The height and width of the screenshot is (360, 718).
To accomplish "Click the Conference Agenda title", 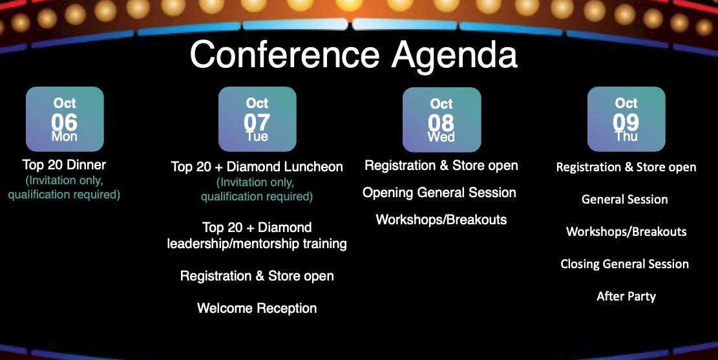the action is (x=354, y=56).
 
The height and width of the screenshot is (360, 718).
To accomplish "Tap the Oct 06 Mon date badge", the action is (x=65, y=119).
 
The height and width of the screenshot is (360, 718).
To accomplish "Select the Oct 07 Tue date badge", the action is (x=257, y=119).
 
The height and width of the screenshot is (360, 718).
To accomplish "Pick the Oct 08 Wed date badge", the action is (x=441, y=120).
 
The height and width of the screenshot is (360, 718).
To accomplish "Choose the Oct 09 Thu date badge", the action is (x=626, y=119).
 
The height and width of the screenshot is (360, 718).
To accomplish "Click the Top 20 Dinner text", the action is (x=64, y=165).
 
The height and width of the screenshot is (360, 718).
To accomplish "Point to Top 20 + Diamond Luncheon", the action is (x=257, y=167).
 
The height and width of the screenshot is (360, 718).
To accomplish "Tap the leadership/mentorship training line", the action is (x=257, y=244).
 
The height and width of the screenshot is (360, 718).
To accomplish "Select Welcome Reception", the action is (x=257, y=308).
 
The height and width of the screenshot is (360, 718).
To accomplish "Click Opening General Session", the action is (x=439, y=193).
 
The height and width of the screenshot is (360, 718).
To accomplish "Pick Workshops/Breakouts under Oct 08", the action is (x=441, y=220).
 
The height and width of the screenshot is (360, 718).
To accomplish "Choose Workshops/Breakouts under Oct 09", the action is (x=626, y=232).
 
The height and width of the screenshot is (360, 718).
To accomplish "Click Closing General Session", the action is (x=624, y=264).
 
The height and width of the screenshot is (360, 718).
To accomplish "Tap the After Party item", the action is (x=626, y=297).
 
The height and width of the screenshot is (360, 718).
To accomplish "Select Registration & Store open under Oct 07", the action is (x=257, y=276).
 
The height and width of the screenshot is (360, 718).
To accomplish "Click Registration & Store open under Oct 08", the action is (x=441, y=166).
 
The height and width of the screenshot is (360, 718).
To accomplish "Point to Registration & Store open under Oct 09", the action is (x=626, y=167).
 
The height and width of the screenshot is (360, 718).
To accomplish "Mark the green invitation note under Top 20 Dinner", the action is (x=64, y=187).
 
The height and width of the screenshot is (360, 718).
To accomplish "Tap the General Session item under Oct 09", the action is (x=624, y=200).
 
